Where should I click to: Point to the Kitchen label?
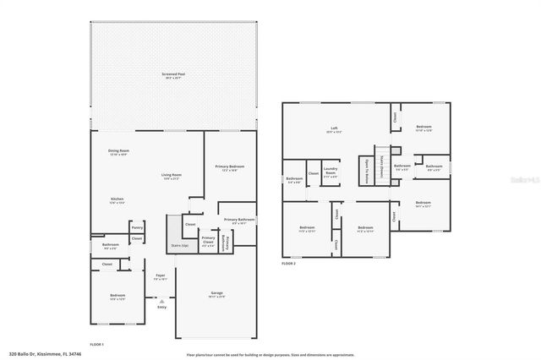(x=117, y=201)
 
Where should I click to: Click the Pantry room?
(x=136, y=227)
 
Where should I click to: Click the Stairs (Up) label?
(x=179, y=246)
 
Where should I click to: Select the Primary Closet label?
(x=208, y=240)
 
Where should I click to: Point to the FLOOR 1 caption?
(x=97, y=344)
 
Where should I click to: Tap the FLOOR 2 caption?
(x=289, y=264)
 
